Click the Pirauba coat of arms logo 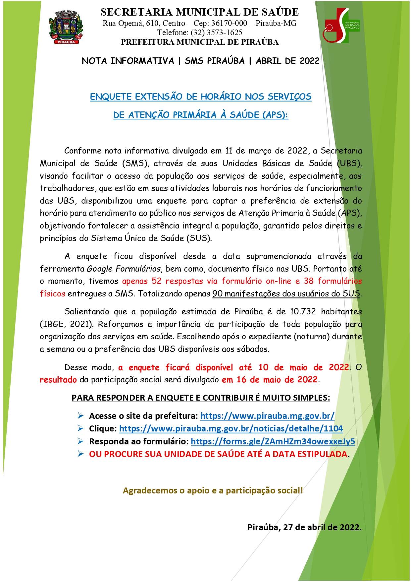[x=66, y=28]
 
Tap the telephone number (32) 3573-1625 [x=216, y=32]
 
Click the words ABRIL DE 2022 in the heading [x=287, y=61]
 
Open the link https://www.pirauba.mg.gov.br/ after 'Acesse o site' [x=267, y=416]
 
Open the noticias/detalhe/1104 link [x=231, y=428]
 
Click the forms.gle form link [x=273, y=441]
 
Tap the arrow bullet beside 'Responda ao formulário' [x=80, y=441]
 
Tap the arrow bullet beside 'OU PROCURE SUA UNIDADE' [x=80, y=454]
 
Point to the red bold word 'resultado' [x=58, y=380]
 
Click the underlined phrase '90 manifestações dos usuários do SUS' [x=286, y=294]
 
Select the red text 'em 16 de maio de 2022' [x=270, y=380]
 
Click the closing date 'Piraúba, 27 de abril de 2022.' [x=304, y=527]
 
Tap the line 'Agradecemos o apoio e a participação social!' [x=213, y=490]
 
